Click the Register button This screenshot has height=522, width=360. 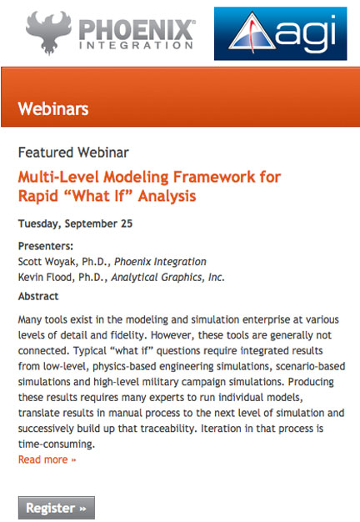click(x=56, y=508)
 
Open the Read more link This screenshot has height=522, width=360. click(x=47, y=459)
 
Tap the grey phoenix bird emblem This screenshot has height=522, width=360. click(x=48, y=33)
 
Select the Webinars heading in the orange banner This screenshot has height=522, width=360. click(x=53, y=109)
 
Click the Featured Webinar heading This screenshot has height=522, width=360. click(x=73, y=153)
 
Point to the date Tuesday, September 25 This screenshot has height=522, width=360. click(x=75, y=223)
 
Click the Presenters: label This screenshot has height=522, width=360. click(x=46, y=246)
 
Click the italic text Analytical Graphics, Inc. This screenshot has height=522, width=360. click(x=168, y=277)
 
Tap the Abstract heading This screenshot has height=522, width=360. click(x=38, y=296)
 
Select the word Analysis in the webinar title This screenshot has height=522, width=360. click(x=167, y=196)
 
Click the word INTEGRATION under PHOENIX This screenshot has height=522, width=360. click(x=136, y=46)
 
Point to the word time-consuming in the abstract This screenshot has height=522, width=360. click(x=56, y=444)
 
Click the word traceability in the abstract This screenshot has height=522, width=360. click(x=168, y=429)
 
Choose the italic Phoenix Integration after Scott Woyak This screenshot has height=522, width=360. click(x=160, y=262)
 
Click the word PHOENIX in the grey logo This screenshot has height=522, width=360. click(x=137, y=30)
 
